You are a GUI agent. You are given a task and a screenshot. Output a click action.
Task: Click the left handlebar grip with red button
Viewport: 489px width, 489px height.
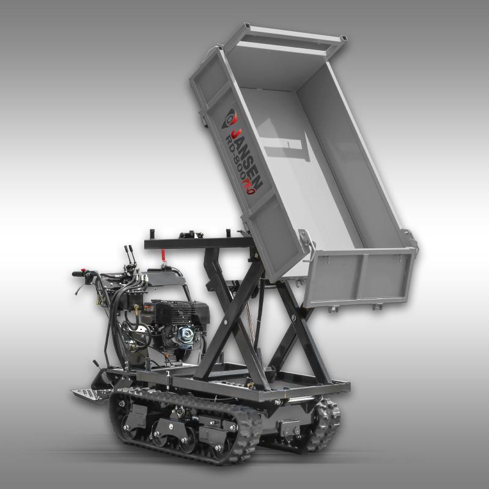click(x=79, y=274)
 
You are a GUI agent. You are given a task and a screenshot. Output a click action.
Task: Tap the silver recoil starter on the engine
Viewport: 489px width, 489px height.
click(x=185, y=336)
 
